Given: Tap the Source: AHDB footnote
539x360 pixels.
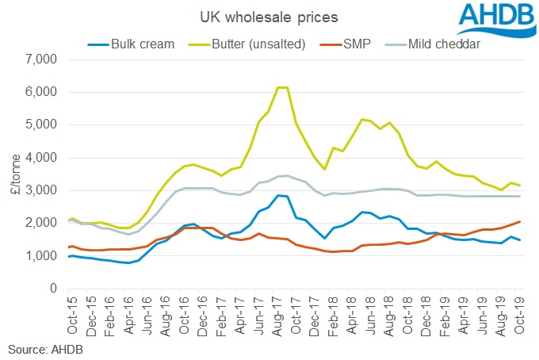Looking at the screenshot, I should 46,348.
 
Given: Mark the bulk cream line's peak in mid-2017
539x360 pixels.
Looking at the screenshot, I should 277,195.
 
